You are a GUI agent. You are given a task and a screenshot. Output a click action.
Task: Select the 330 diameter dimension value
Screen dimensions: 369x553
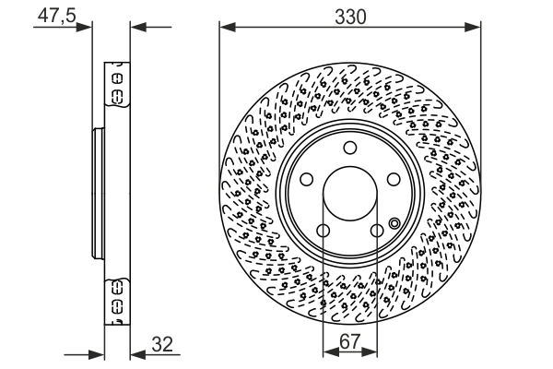350,16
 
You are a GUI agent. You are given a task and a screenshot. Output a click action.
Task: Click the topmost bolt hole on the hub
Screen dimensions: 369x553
349,149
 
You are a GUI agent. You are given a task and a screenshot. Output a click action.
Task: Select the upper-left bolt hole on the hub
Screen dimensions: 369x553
305,181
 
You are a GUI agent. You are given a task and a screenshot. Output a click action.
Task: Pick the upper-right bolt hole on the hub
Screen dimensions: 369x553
394,181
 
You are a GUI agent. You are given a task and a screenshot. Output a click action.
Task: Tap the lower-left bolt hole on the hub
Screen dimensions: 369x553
323,232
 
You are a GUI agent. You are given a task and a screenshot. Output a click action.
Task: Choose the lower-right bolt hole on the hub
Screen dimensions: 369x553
377,232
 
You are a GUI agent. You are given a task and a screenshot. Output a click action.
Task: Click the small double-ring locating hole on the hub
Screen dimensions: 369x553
395,221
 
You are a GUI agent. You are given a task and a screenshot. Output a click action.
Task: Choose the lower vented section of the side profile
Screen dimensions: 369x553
117,301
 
